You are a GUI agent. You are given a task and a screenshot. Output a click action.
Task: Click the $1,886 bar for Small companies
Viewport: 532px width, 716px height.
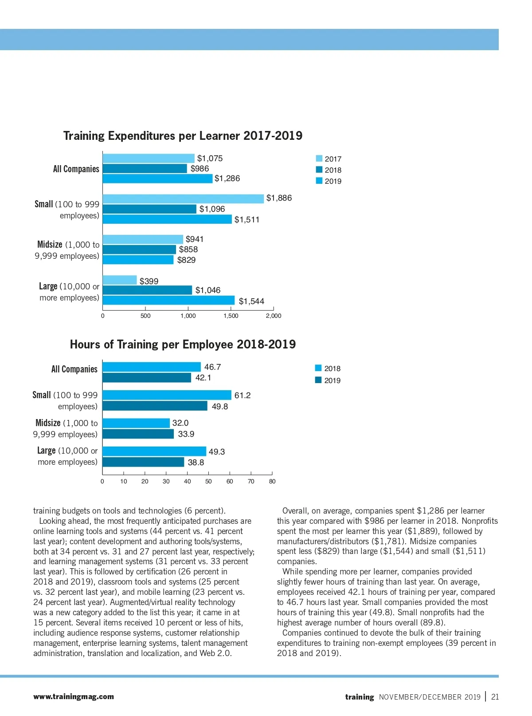click(x=183, y=198)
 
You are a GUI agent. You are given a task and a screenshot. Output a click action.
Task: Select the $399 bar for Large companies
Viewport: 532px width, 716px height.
click(x=120, y=280)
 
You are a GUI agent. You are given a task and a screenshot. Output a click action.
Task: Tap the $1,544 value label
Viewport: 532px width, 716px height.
click(x=251, y=301)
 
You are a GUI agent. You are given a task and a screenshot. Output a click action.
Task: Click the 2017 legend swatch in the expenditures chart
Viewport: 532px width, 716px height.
click(x=319, y=158)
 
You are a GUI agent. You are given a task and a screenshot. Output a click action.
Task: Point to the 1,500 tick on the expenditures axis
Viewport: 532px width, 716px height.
click(x=231, y=316)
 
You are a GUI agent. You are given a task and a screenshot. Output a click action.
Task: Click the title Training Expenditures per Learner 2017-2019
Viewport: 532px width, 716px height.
click(x=183, y=136)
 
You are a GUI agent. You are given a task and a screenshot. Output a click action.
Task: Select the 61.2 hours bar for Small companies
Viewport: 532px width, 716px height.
click(x=167, y=395)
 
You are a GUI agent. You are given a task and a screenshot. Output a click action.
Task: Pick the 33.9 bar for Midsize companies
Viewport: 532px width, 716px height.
click(x=138, y=434)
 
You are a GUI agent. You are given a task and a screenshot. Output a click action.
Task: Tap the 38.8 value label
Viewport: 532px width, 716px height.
click(x=196, y=463)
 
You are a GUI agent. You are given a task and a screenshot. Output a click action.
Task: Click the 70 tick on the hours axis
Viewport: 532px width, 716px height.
click(x=251, y=481)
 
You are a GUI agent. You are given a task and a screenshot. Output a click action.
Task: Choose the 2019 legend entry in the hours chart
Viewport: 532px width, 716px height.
click(x=328, y=380)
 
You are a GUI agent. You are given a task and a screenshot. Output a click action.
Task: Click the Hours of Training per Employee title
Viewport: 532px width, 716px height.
click(x=183, y=344)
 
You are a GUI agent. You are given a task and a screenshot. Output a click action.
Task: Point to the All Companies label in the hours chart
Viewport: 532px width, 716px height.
click(x=74, y=369)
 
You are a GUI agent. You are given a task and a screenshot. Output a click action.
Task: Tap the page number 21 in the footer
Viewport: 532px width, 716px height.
click(x=495, y=697)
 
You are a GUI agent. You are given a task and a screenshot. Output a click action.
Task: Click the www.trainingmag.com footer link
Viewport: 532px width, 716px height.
click(x=74, y=697)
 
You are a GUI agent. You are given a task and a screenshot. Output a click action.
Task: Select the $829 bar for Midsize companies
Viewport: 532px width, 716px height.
click(x=138, y=260)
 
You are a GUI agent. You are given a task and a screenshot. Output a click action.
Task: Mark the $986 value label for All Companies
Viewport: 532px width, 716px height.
click(x=199, y=169)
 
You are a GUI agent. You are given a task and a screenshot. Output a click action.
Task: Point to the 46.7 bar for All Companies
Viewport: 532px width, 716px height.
click(x=152, y=367)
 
